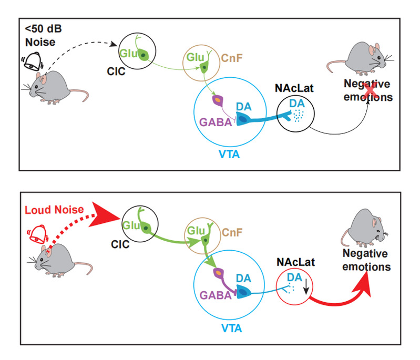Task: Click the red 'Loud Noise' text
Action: click(x=54, y=210)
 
